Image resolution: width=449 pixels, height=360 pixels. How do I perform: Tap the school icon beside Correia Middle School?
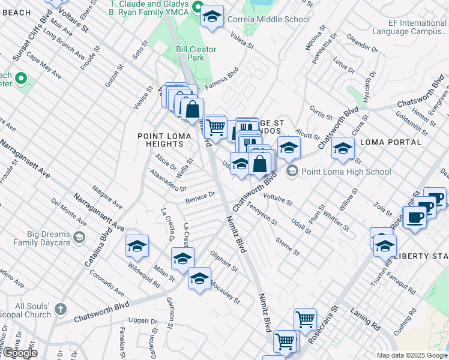pyautogui.click(x=212, y=18)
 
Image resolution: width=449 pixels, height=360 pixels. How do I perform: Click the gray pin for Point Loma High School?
pyautogui.click(x=292, y=172)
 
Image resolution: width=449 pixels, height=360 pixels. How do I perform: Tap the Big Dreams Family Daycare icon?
pyautogui.click(x=79, y=238)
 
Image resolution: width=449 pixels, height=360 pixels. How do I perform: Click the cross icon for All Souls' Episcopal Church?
pyautogui.click(x=59, y=309)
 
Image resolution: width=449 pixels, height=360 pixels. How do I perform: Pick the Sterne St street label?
pyautogui.click(x=288, y=246)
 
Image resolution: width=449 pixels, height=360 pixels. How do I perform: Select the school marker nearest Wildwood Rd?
pyautogui.click(x=137, y=246)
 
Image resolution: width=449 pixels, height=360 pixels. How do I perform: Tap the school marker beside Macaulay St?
pyautogui.click(x=200, y=279)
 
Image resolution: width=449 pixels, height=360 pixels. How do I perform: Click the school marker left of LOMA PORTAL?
pyautogui.click(x=343, y=149)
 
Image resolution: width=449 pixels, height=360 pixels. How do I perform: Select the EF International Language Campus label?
pyautogui.click(x=409, y=27)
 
